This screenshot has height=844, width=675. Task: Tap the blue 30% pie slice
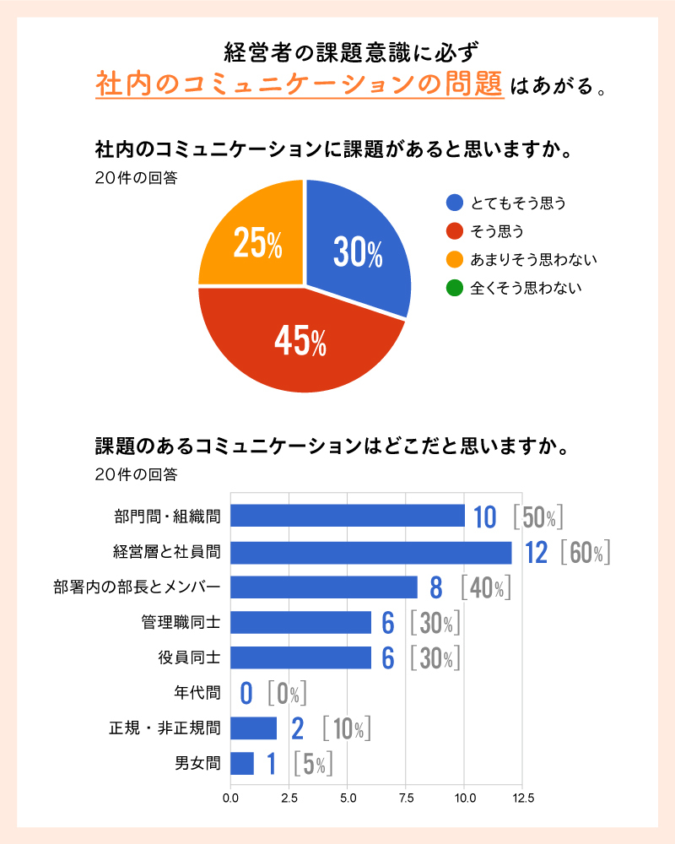click(x=359, y=249)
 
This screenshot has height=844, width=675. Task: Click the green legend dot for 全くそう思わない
click(x=455, y=288)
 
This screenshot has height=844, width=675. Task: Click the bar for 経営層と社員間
click(x=371, y=553)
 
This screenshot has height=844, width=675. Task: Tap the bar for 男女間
click(x=242, y=764)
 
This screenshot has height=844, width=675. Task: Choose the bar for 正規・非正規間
click(x=253, y=728)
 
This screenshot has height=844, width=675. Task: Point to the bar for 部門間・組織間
click(x=348, y=516)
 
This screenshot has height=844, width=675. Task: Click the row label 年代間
click(x=197, y=694)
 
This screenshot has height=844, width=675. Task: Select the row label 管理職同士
click(x=181, y=623)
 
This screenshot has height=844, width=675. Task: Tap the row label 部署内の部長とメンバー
click(x=137, y=587)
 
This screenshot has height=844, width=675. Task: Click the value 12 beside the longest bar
click(x=536, y=553)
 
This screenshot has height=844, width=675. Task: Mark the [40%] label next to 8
click(x=486, y=588)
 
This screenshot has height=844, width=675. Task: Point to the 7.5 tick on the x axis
click(x=406, y=797)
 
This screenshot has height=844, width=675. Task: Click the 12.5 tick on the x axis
click(x=522, y=797)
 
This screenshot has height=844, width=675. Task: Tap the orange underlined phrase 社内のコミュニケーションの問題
click(x=300, y=85)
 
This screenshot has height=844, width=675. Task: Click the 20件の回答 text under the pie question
click(x=136, y=177)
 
